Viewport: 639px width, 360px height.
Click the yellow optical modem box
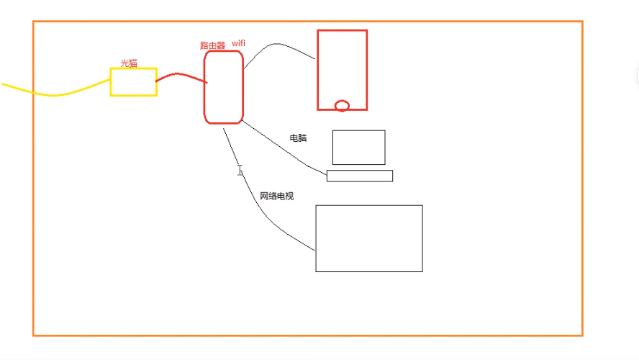click(x=133, y=81)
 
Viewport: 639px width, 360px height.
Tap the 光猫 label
click(x=129, y=63)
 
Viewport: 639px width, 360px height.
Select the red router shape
click(x=224, y=87)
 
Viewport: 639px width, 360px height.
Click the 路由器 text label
click(x=212, y=45)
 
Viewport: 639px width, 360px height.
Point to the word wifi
click(x=238, y=44)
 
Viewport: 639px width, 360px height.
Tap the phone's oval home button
click(x=343, y=106)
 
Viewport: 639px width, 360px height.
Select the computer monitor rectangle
click(x=358, y=147)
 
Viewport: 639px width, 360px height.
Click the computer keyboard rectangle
click(x=359, y=176)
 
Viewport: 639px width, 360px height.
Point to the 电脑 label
click(x=298, y=138)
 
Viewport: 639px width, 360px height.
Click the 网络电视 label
click(x=277, y=196)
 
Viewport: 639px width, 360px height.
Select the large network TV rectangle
click(x=368, y=238)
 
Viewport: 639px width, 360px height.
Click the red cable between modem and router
click(x=180, y=76)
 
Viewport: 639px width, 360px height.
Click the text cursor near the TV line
click(x=240, y=170)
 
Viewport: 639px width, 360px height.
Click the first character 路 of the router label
click(x=204, y=45)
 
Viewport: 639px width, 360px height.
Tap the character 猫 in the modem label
click(x=133, y=63)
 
